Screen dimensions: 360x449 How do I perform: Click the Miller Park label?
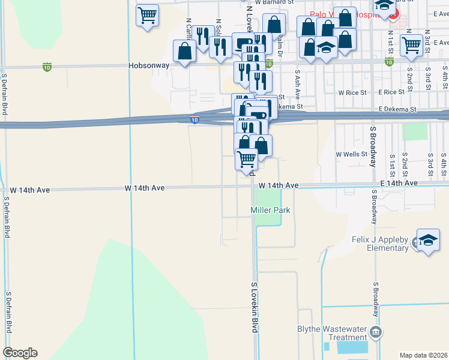[x=270, y=210]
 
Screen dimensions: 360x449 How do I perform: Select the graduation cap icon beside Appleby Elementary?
[x=428, y=240]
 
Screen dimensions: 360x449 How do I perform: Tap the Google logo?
[x=20, y=353]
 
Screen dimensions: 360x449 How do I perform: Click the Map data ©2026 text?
[x=423, y=355]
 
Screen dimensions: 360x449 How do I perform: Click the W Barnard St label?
[x=274, y=2]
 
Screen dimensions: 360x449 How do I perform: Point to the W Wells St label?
[x=351, y=154]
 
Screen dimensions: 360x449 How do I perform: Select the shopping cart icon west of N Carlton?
[x=147, y=15]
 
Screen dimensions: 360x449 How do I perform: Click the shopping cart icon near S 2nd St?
[x=411, y=45]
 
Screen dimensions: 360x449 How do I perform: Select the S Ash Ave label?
[x=297, y=80]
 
